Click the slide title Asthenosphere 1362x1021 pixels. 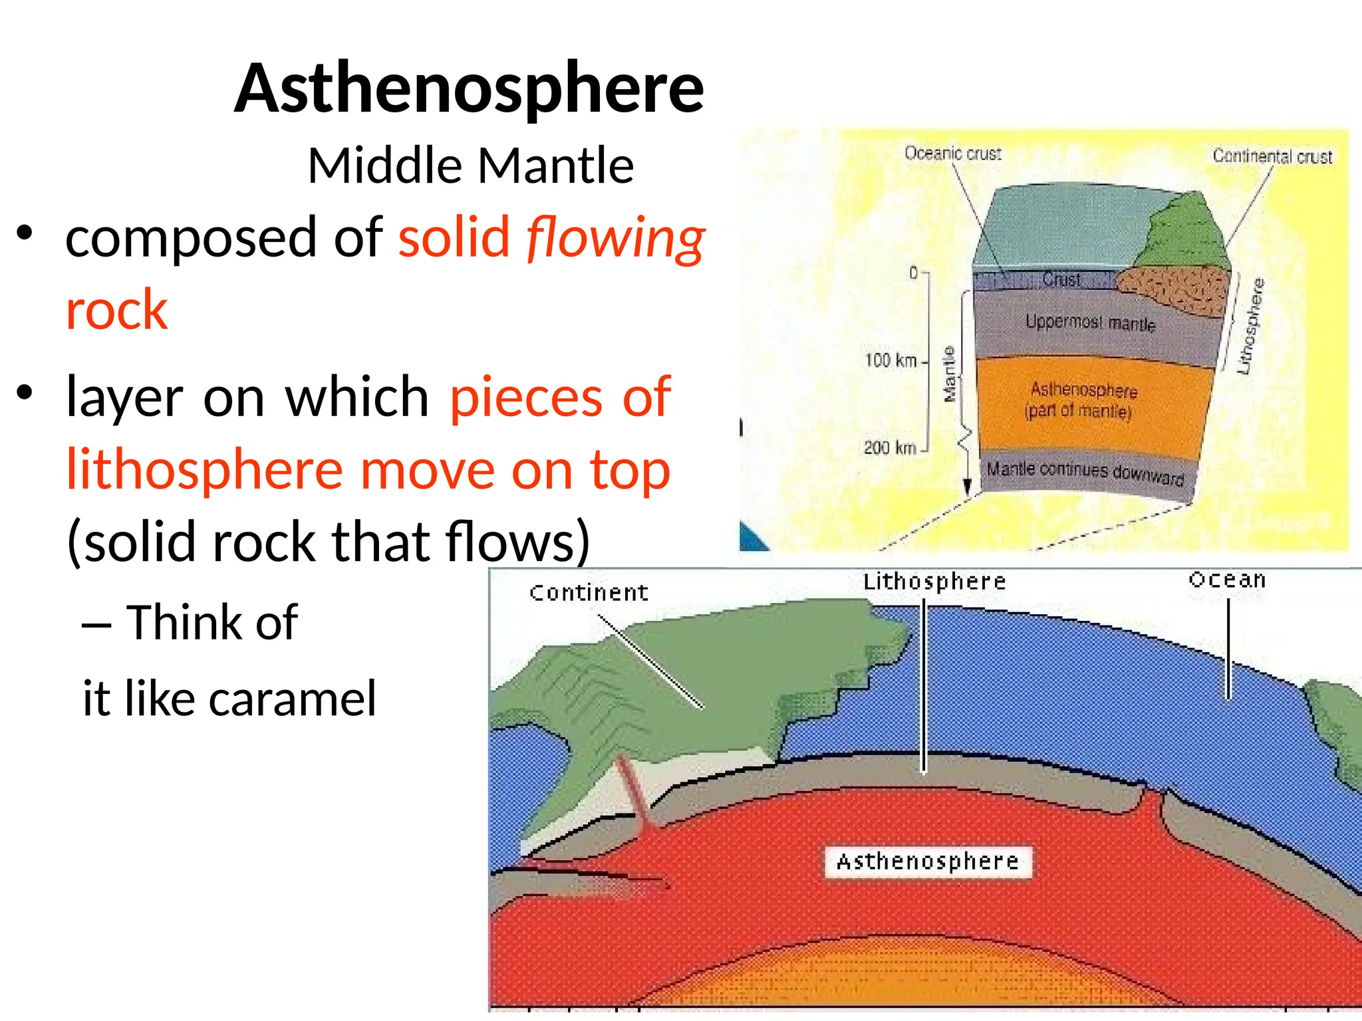[470, 89]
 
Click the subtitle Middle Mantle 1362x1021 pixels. [471, 166]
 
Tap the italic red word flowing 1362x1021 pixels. [616, 238]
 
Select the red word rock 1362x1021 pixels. [117, 310]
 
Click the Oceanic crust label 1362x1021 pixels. [952, 154]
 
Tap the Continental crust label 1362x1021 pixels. [1272, 156]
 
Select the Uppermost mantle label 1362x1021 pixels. [1090, 323]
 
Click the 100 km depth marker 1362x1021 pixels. [890, 360]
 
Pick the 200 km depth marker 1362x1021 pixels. [890, 448]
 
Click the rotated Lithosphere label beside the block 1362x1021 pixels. [1250, 326]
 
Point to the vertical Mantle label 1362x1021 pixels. [950, 374]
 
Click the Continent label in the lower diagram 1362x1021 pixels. [589, 592]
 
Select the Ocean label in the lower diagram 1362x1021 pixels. [1227, 580]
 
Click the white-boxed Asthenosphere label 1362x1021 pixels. [928, 862]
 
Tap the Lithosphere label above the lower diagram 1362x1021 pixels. [934, 582]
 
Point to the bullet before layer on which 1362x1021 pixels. [25, 393]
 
